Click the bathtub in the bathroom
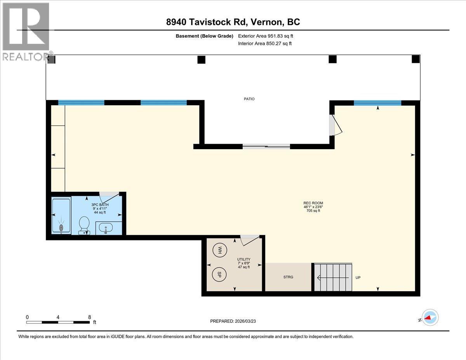point(61,216)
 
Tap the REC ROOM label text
point(313,203)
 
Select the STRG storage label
point(288,277)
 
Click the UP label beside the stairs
point(358,278)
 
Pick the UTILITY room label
point(244,259)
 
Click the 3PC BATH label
point(100,205)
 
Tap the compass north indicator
point(429,317)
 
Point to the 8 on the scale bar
point(89,317)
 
